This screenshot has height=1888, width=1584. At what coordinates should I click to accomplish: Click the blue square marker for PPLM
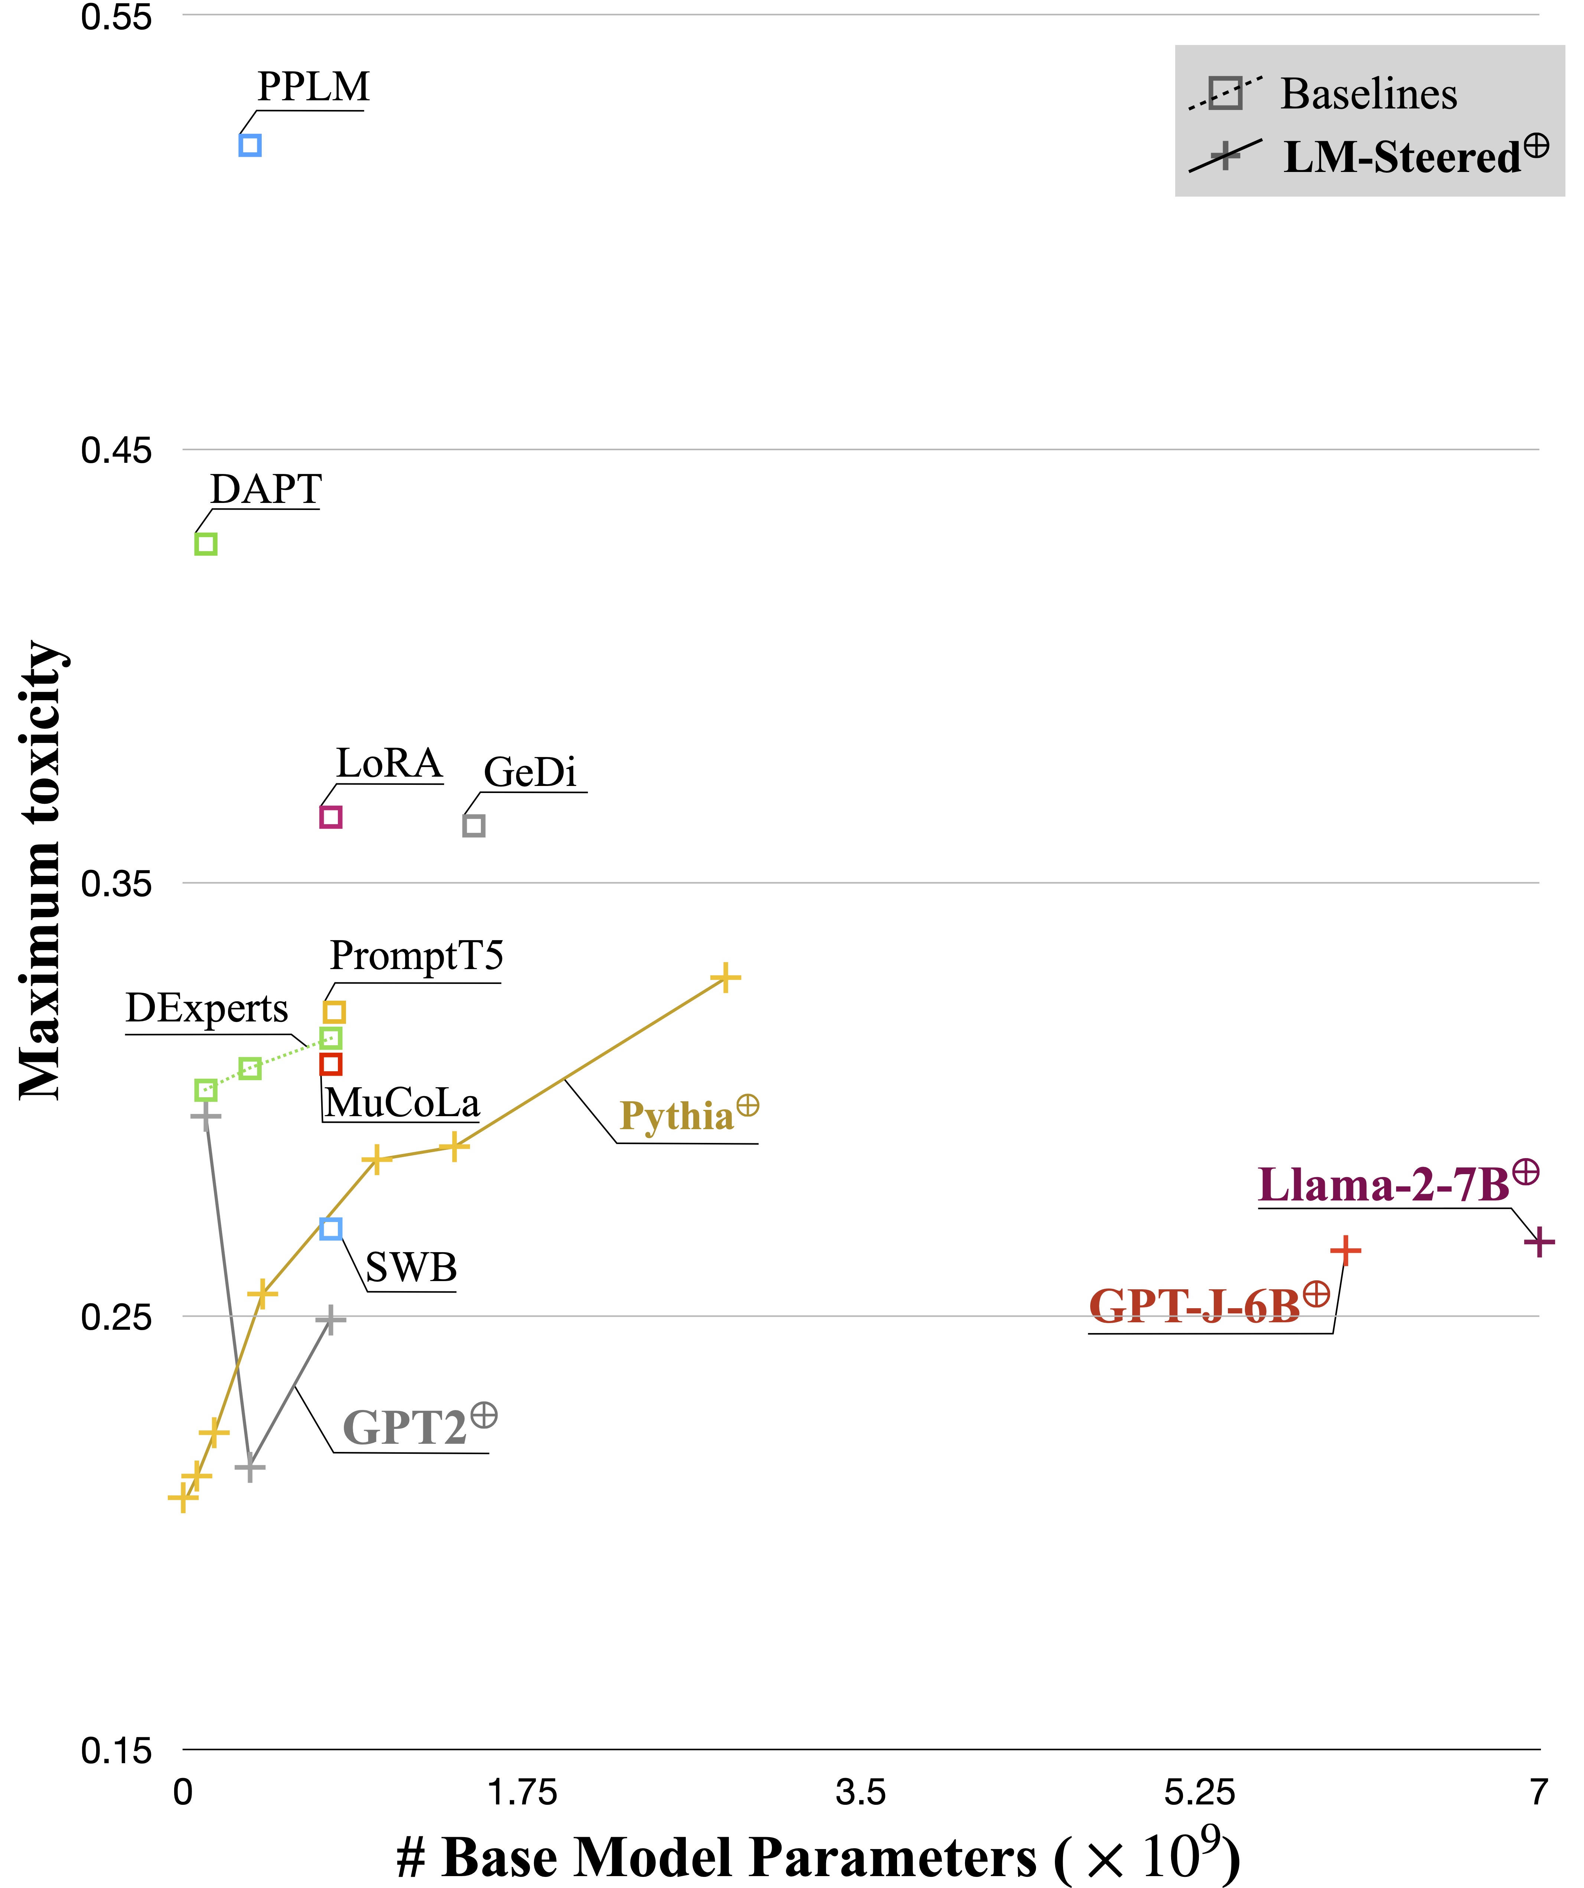click(250, 145)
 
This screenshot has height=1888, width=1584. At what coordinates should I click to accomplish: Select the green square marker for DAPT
click(206, 544)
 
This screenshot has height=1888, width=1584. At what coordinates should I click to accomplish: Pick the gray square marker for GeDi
click(474, 825)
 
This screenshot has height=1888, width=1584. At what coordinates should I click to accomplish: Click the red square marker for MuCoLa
click(331, 1065)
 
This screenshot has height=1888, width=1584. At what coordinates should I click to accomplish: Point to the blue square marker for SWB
click(331, 1229)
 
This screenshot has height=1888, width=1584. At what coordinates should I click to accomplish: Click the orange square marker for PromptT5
click(335, 1012)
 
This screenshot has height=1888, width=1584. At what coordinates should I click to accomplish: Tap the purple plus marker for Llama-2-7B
click(1539, 1242)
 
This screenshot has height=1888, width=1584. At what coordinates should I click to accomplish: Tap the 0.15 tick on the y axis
click(117, 1751)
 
